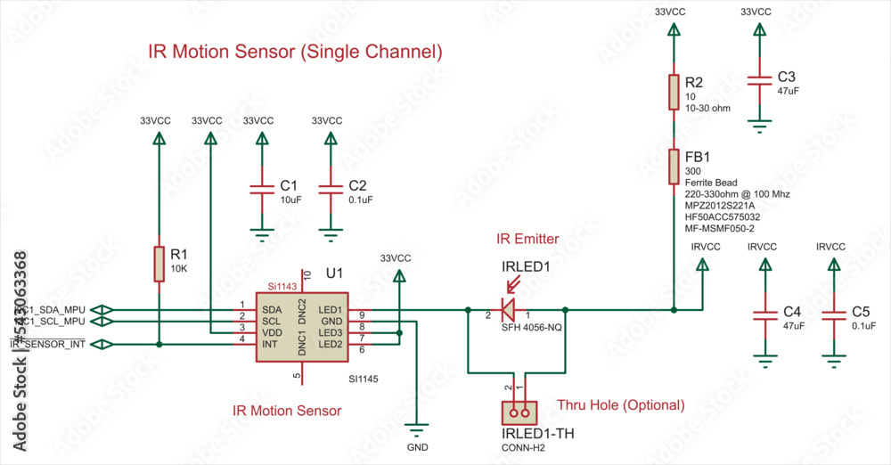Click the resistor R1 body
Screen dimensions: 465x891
point(159,265)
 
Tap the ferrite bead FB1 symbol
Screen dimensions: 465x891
point(674,167)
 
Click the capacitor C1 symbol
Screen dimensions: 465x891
point(261,190)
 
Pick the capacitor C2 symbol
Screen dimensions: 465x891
point(331,190)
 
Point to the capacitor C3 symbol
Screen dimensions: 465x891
point(758,81)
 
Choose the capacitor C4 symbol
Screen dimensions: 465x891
point(764,315)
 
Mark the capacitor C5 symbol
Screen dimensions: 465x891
point(834,315)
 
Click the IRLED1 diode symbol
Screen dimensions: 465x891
point(507,309)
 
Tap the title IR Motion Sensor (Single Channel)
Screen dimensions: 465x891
point(295,52)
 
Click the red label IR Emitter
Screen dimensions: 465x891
point(527,239)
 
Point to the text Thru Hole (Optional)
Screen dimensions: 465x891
point(621,404)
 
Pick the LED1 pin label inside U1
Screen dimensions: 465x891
point(331,309)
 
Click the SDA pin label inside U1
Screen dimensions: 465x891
point(272,309)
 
